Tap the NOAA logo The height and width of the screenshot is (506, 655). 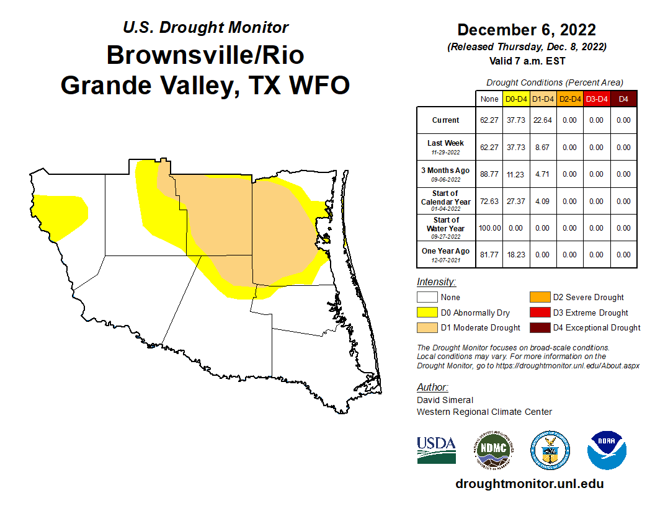pos(607,450)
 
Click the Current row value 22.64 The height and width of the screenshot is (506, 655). pos(542,120)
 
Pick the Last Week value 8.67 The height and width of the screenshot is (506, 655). pos(542,148)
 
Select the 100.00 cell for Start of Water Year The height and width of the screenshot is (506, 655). pos(489,228)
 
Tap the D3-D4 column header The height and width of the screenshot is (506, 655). pos(596,99)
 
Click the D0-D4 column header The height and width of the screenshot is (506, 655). pos(515,99)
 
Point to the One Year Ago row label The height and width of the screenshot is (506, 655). pos(446,255)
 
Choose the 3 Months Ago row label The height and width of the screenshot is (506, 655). pos(446,174)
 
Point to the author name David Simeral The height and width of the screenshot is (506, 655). pos(445,400)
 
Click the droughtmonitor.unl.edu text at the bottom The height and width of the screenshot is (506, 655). pos(529,484)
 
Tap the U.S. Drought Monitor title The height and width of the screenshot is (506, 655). pos(205,27)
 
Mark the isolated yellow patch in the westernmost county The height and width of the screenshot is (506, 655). pos(61,215)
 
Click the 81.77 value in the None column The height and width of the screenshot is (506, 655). pos(489,255)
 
